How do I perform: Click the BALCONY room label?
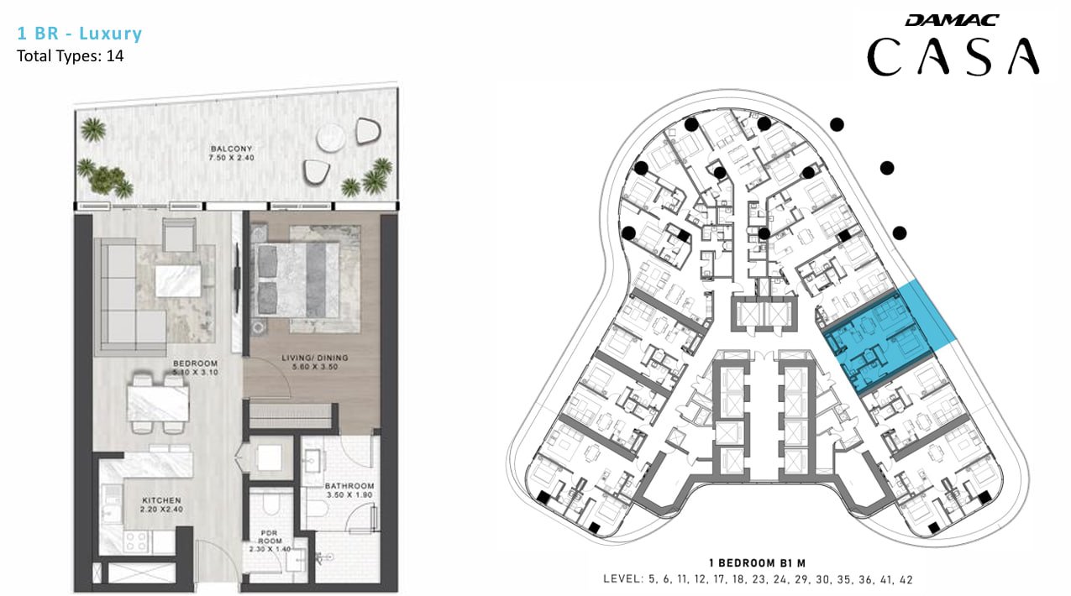231,149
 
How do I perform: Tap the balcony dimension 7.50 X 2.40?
231,158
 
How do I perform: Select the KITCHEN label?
161,500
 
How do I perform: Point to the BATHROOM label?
349,486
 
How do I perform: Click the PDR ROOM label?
270,536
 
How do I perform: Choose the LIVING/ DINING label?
315,358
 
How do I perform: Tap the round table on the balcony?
330,139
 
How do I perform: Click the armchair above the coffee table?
179,234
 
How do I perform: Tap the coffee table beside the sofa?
178,281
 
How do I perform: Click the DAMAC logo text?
952,20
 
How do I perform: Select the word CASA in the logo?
953,57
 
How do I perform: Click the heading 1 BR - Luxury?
80,33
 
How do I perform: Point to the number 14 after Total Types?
115,56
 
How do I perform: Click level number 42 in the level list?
906,580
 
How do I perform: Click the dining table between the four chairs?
157,404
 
